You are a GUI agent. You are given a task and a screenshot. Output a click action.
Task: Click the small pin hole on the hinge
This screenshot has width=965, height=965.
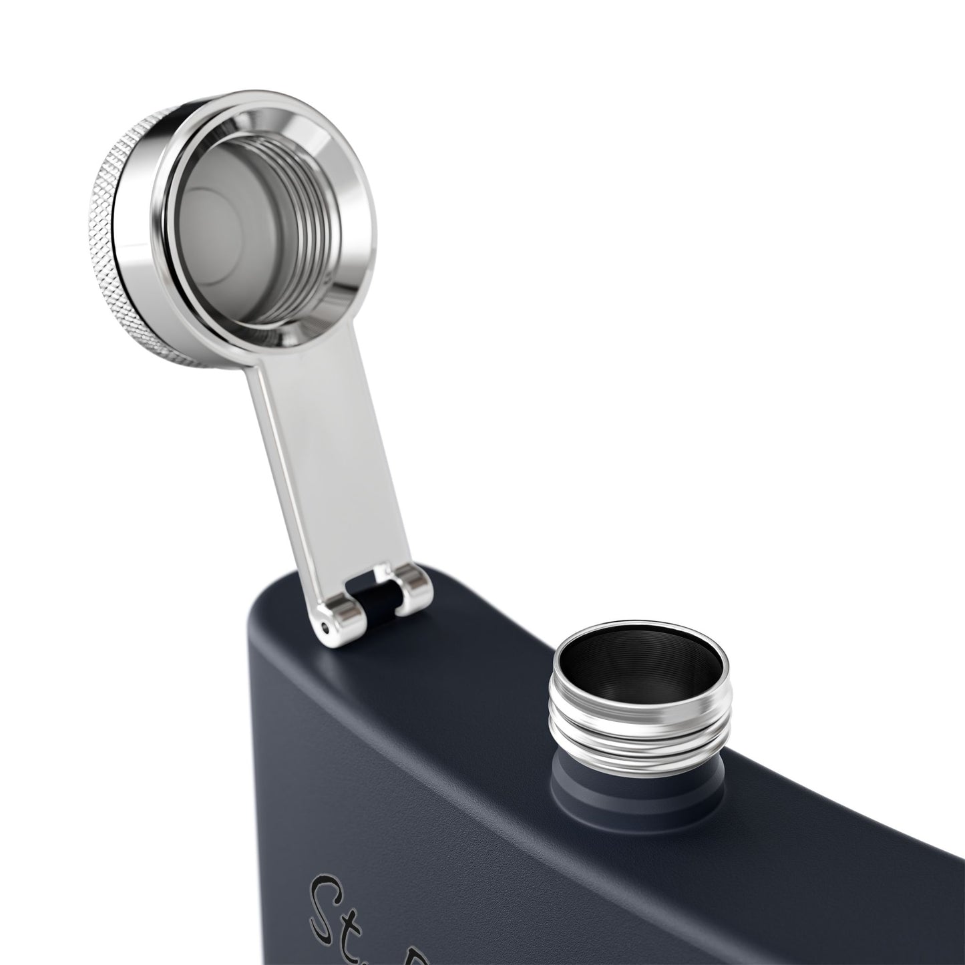click(325, 627)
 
